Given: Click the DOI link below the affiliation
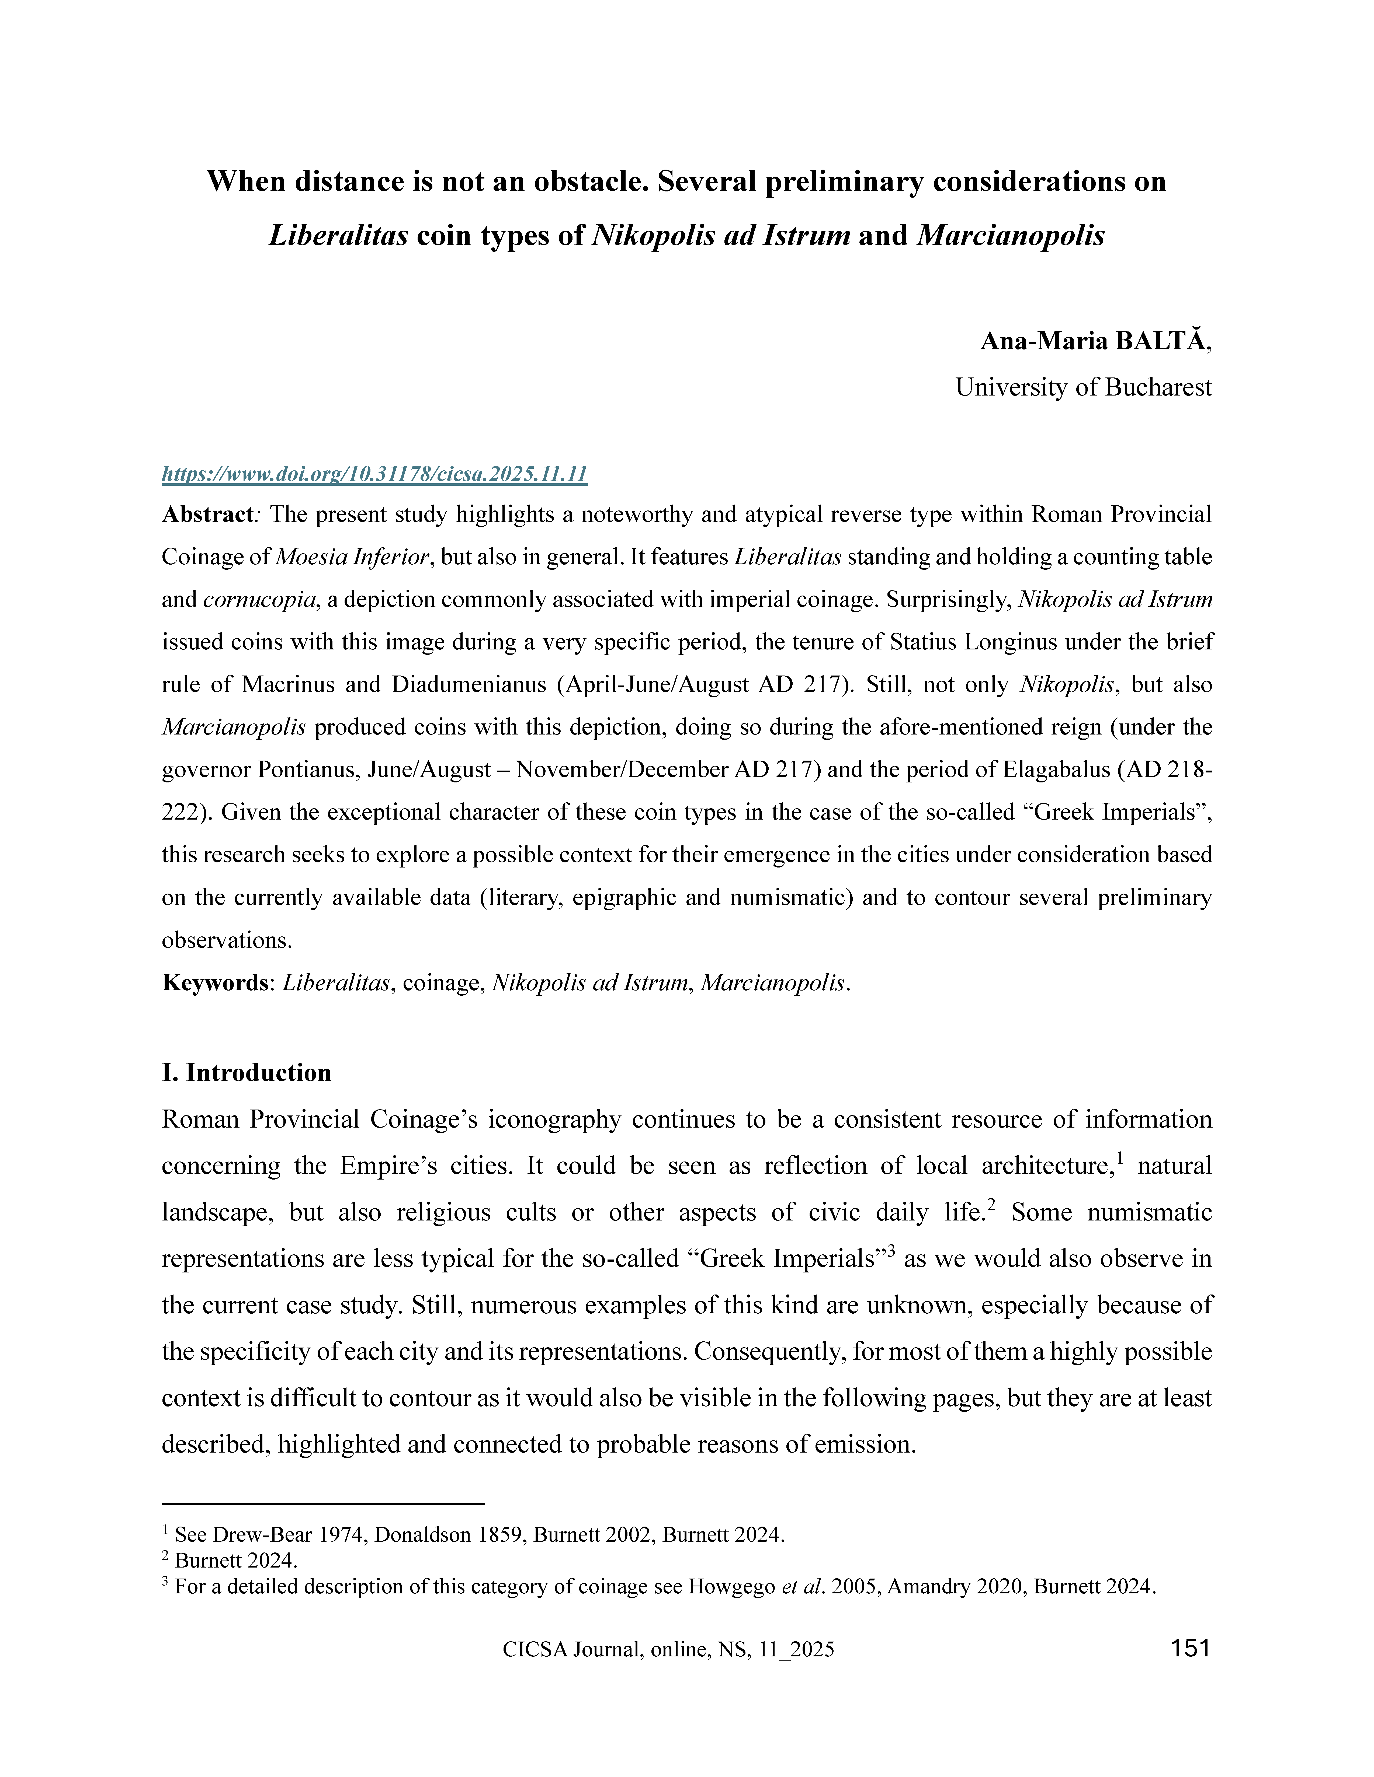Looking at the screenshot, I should pyautogui.click(x=374, y=474).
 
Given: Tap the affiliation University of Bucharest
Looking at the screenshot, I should pyautogui.click(x=1082, y=387).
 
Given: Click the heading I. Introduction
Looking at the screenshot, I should pyautogui.click(x=247, y=1072).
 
